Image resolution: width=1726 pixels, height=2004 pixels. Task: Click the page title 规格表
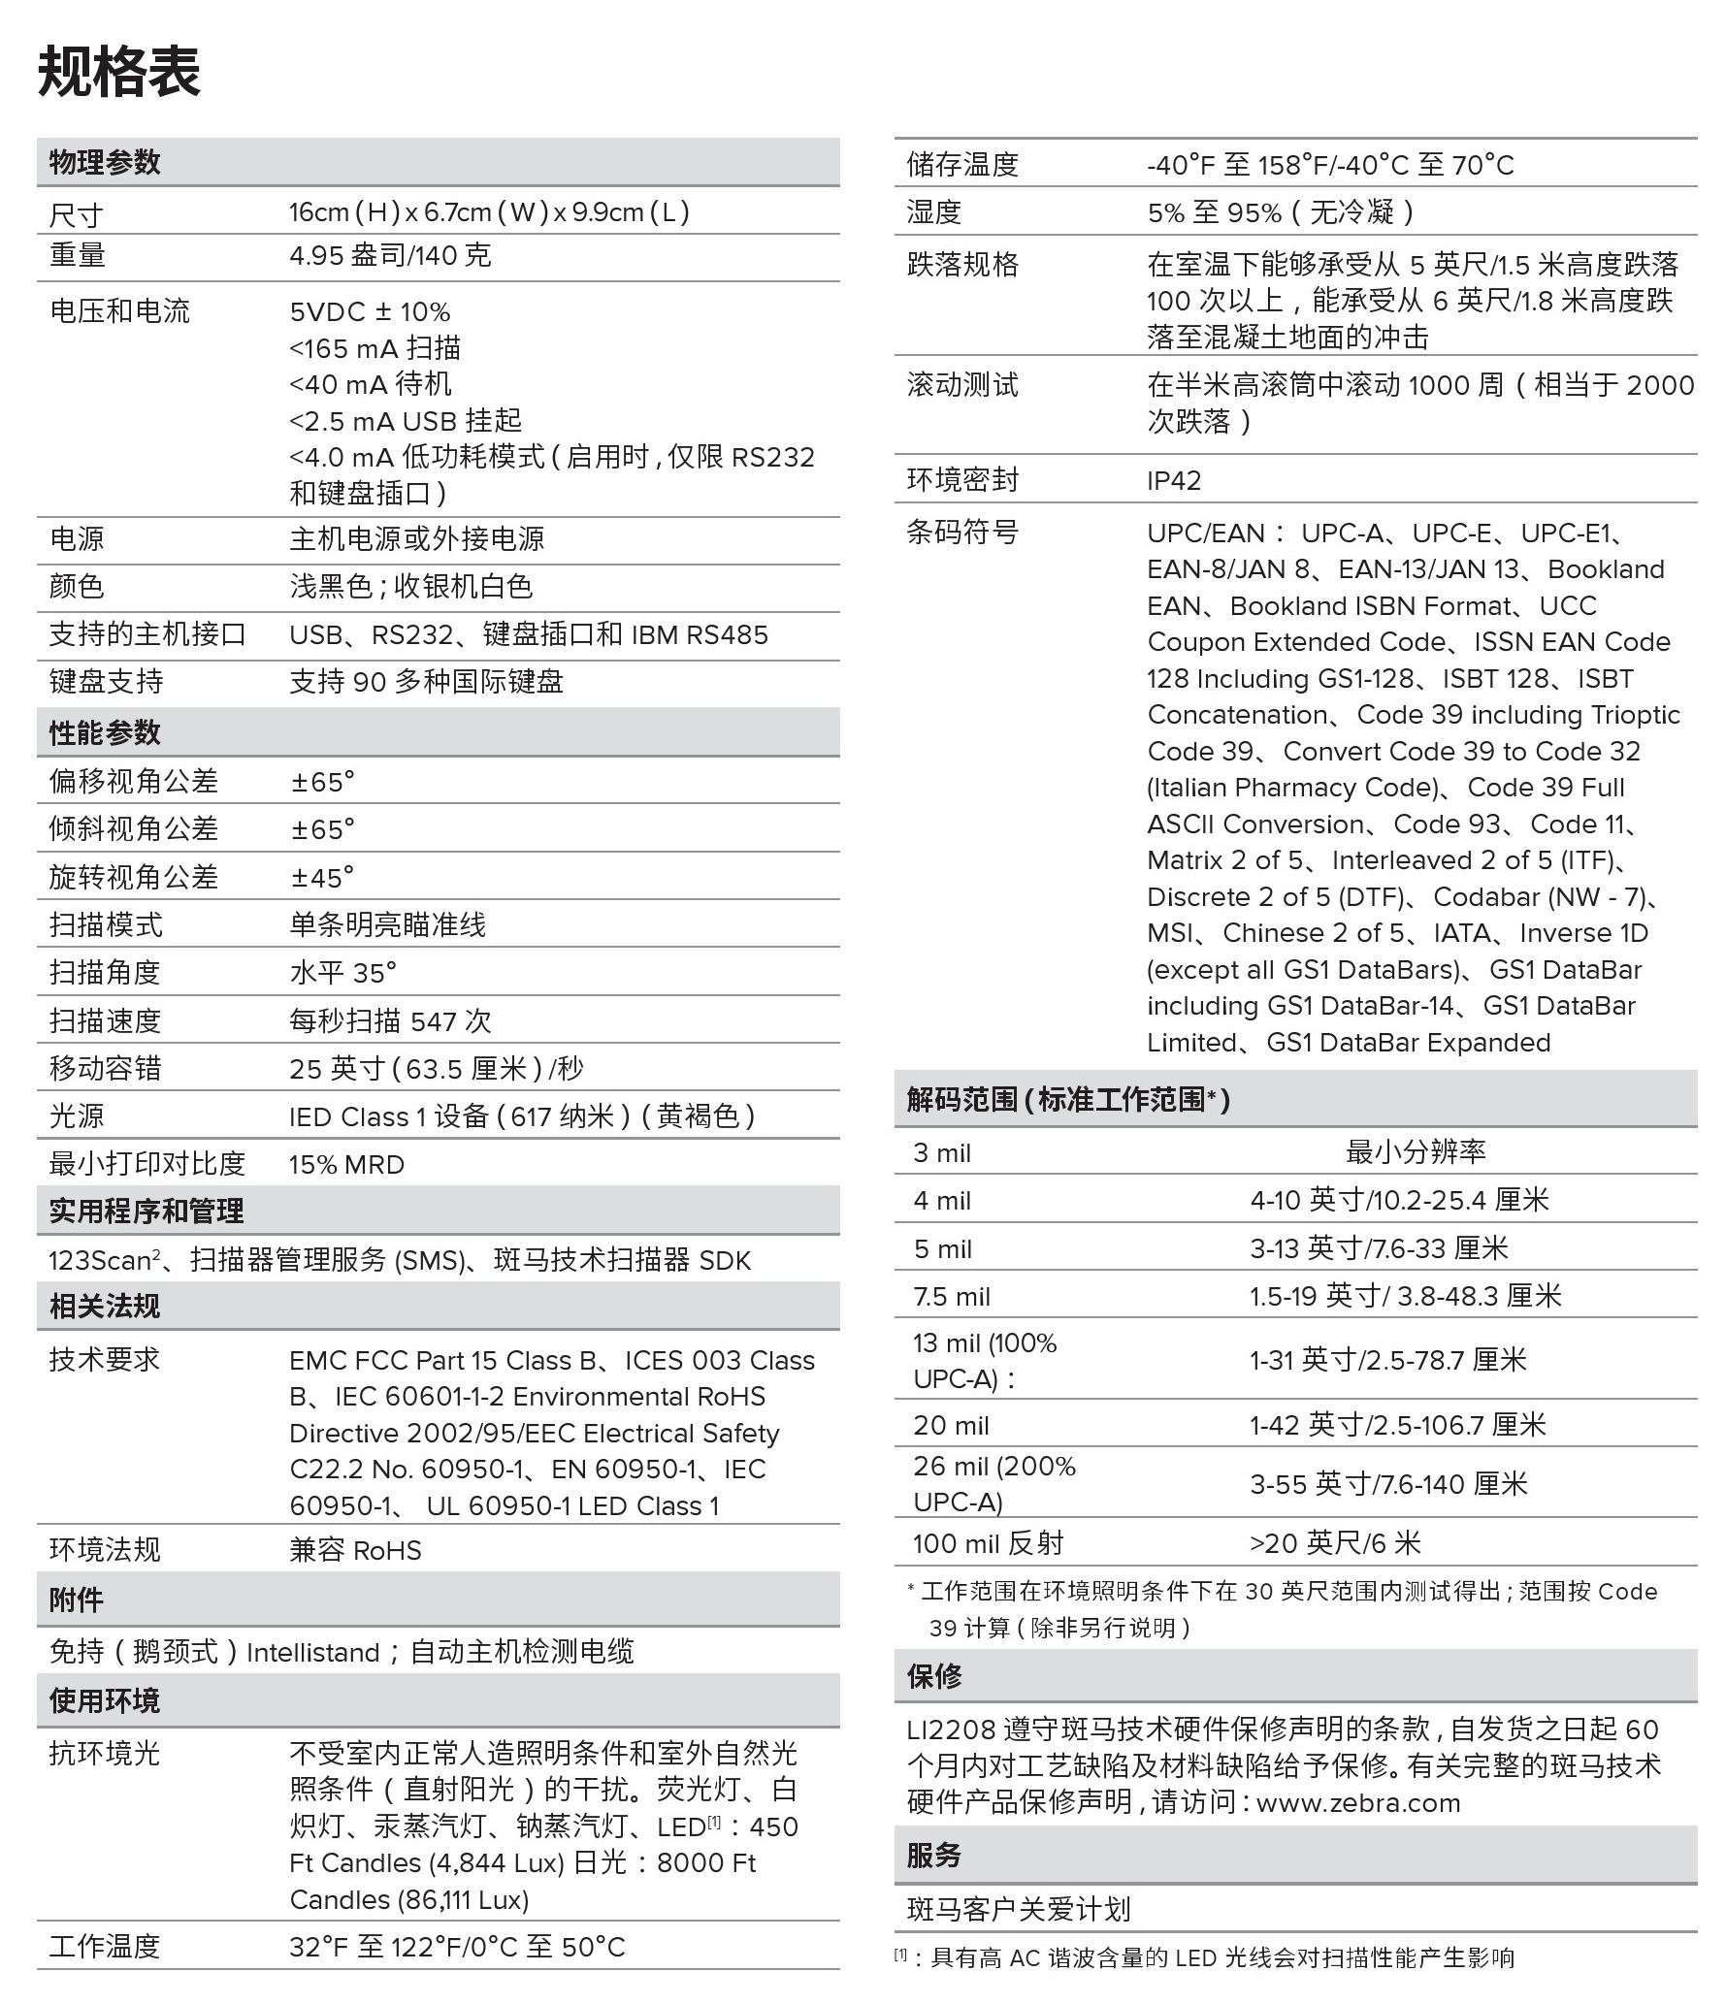119,72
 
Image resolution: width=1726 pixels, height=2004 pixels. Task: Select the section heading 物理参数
105,162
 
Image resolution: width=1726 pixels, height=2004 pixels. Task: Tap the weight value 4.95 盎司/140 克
390,256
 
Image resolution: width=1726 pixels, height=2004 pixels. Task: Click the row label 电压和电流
119,311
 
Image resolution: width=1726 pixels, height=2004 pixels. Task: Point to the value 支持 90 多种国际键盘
426,682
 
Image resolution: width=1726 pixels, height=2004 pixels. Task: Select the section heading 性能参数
105,732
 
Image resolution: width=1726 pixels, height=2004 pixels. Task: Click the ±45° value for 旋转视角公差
322,877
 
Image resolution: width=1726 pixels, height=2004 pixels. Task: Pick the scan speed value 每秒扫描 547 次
390,1020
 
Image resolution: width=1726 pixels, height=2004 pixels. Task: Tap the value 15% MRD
346,1164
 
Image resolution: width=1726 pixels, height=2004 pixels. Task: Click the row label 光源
77,1116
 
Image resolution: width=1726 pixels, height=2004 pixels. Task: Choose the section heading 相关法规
105,1306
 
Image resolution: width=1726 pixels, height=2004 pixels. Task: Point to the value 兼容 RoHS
355,1549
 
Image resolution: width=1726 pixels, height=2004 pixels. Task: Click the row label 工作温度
105,1946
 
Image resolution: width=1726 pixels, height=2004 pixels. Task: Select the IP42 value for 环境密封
1174,480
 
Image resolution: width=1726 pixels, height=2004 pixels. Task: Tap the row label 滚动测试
962,385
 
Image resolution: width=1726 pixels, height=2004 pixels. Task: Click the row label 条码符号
962,532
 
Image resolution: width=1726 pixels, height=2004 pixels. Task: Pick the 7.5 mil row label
952,1296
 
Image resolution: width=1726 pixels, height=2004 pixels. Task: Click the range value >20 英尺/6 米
1335,1542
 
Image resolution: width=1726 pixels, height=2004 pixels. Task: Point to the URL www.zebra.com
1358,1802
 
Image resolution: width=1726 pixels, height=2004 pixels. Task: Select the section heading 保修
934,1675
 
